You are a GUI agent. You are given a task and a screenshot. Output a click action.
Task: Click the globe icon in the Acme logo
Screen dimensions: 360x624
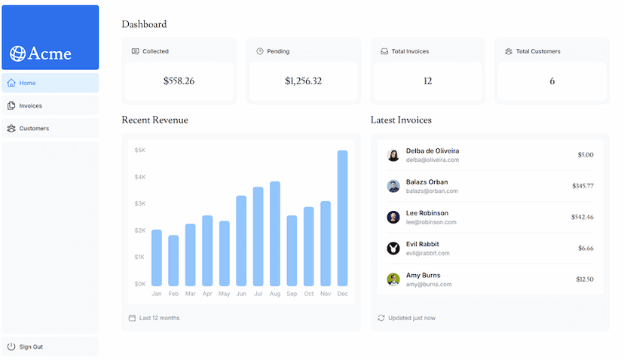(x=17, y=53)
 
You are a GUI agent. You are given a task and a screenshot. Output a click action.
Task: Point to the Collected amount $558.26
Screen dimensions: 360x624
(x=179, y=81)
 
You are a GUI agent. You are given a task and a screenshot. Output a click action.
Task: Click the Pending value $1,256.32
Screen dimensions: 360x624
(x=303, y=81)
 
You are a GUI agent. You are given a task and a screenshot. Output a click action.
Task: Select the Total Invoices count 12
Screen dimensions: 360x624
(x=427, y=81)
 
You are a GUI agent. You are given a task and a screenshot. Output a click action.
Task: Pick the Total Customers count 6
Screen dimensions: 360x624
(x=552, y=81)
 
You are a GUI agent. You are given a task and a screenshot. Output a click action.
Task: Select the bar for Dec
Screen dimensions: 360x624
(x=342, y=218)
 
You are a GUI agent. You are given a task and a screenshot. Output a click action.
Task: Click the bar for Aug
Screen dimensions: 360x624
(x=275, y=233)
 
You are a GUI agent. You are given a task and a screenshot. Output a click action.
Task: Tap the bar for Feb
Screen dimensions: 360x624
(x=173, y=260)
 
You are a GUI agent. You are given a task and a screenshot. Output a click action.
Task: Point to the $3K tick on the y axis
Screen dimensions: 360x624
(x=140, y=203)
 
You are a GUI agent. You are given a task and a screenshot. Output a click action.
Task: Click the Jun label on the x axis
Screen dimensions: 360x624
(x=241, y=294)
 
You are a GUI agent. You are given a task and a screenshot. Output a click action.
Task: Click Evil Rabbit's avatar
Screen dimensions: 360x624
(x=393, y=248)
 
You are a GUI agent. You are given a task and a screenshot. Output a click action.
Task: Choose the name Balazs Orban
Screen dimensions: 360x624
(x=427, y=182)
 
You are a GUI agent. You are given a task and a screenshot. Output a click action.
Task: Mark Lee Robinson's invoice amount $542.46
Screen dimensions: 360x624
(x=582, y=217)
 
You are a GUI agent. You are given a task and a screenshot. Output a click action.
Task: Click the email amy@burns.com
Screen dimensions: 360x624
(x=429, y=284)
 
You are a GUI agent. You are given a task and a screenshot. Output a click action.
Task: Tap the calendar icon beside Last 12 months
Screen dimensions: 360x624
(x=132, y=318)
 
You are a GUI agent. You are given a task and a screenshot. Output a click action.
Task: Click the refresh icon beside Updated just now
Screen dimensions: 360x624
(x=381, y=318)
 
